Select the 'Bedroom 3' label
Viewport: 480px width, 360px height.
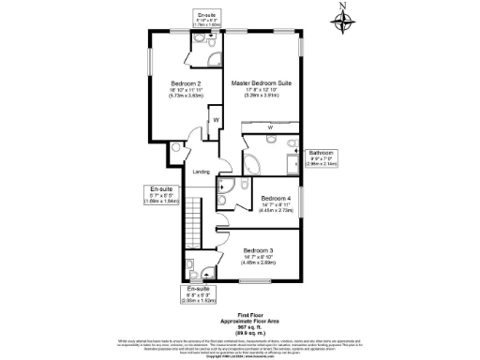(258, 250)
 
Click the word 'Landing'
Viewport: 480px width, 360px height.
(201, 172)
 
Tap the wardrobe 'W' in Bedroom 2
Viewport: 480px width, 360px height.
(216, 120)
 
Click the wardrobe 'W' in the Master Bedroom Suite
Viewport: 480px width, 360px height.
(270, 127)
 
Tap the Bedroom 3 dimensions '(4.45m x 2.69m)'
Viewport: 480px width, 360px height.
(258, 263)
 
